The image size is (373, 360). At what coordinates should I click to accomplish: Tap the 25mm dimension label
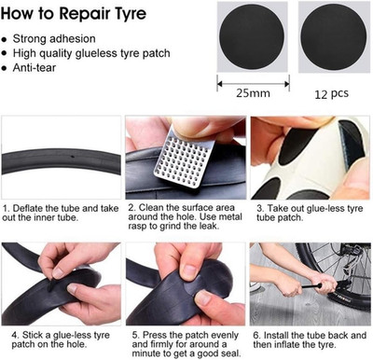(x=253, y=93)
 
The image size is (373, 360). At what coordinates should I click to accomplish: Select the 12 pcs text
(x=331, y=93)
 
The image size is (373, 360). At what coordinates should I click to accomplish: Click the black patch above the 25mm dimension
(x=252, y=36)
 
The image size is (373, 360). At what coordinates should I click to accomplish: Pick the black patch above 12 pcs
(x=334, y=36)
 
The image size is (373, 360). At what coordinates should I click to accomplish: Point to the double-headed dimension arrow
(x=253, y=84)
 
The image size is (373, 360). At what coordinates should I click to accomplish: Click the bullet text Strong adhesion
(x=54, y=39)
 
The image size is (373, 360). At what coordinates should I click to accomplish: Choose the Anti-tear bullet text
(x=35, y=67)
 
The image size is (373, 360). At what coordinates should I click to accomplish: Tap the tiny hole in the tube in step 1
(x=73, y=157)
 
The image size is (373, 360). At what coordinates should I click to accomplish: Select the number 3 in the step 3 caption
(x=260, y=208)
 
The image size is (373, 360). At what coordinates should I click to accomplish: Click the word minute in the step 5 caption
(x=145, y=353)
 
